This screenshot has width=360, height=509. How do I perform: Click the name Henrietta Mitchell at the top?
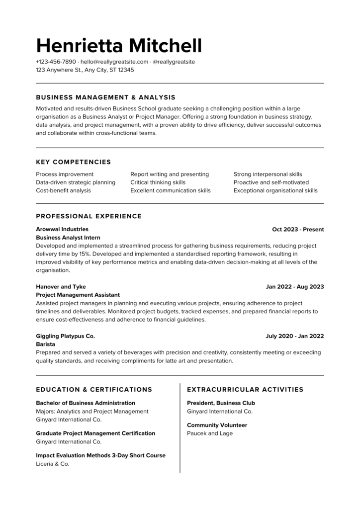[x=119, y=45]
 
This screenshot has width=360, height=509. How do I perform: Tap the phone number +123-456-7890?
[x=56, y=62]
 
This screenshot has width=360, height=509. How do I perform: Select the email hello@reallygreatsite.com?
[x=114, y=62]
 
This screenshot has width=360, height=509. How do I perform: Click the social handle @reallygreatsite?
[x=174, y=62]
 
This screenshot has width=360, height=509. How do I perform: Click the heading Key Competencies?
[x=74, y=162]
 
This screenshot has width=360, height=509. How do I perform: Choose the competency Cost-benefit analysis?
[x=64, y=190]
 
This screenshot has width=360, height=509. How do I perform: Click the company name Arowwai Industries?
[x=62, y=229]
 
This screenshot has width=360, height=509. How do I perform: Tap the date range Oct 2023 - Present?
[x=298, y=230]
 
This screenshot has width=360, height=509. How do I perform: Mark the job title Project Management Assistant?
[x=78, y=295]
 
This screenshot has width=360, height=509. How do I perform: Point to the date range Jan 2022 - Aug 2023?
[x=295, y=287]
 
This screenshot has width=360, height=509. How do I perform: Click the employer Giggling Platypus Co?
[x=66, y=336]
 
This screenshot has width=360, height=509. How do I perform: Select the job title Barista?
[x=46, y=344]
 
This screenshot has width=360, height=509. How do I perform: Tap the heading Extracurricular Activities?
[x=245, y=390]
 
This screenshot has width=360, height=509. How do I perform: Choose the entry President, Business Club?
[x=221, y=403]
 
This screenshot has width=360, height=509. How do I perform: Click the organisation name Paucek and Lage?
[x=210, y=433]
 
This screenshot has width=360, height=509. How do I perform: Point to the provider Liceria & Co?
[x=53, y=464]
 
